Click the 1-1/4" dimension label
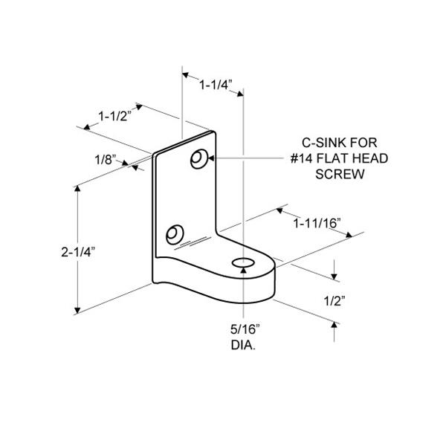(216, 85)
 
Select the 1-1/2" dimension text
(115, 116)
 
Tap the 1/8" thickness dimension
(106, 160)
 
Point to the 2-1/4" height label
(78, 252)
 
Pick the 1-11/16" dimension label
(317, 223)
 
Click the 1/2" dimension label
(334, 301)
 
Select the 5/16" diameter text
(245, 329)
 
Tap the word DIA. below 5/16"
(243, 345)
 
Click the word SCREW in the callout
(340, 174)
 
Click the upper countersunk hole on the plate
(198, 159)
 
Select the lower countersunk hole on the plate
(175, 234)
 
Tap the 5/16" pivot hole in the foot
(243, 263)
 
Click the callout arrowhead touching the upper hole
(211, 158)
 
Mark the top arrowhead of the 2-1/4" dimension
(77, 189)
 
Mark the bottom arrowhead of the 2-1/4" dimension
(77, 310)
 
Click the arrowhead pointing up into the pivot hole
(243, 271)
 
